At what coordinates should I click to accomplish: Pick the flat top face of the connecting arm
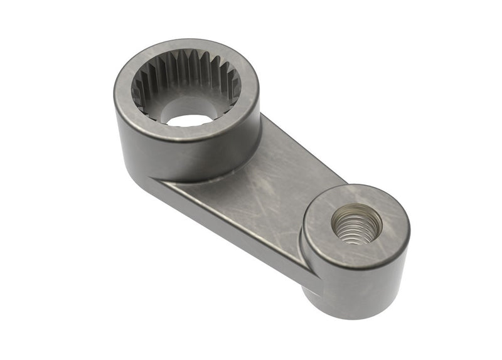point(264,182)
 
